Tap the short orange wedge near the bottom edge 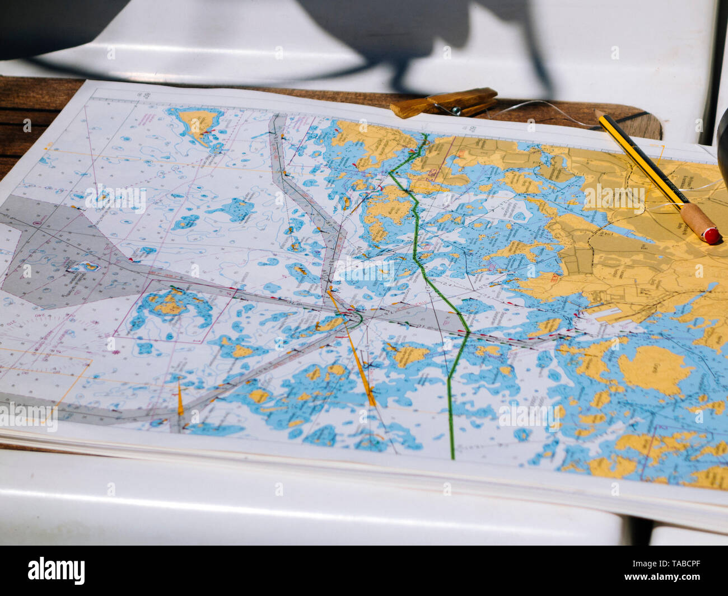[180, 401]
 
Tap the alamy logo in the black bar [56, 570]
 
